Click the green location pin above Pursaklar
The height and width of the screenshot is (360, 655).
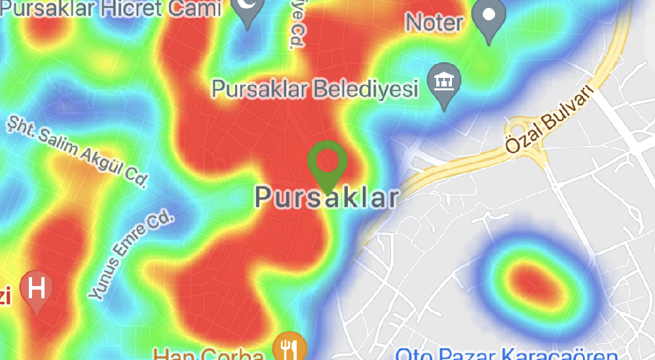pos(327,163)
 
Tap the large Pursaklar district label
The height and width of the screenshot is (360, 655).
pos(326,197)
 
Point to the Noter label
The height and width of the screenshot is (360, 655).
pos(434,23)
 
